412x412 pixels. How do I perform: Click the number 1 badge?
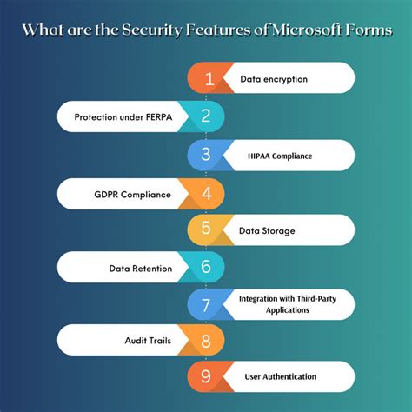point(209,79)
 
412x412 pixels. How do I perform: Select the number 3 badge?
point(206,155)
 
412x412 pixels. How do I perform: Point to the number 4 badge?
point(206,192)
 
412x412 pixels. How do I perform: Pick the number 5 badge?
point(206,230)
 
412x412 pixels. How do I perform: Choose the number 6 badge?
point(206,268)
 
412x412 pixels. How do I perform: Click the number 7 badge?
point(206,305)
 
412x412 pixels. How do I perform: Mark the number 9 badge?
point(206,376)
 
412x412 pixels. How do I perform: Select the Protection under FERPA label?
point(123,116)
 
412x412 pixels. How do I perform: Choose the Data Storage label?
point(268,230)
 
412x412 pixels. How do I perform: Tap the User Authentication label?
point(281,376)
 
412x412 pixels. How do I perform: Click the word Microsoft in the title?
point(309,30)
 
